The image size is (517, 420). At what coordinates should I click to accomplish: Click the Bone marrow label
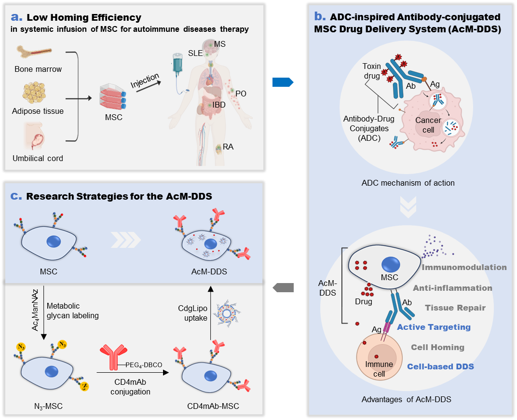pos(38,69)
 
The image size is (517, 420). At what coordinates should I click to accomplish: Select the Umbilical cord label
pos(38,158)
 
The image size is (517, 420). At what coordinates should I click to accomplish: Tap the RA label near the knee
pos(228,147)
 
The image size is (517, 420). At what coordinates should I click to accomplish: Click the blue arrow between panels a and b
pos(283,82)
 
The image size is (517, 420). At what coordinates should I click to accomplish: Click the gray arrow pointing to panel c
pos(283,288)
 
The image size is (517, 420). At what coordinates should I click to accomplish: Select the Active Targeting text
pos(434,327)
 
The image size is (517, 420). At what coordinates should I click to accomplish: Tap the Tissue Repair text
pos(455,308)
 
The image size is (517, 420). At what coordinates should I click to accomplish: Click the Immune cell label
pos(379,368)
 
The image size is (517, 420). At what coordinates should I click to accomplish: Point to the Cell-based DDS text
pos(440,366)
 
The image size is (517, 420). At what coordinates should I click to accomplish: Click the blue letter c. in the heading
pos(16,196)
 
